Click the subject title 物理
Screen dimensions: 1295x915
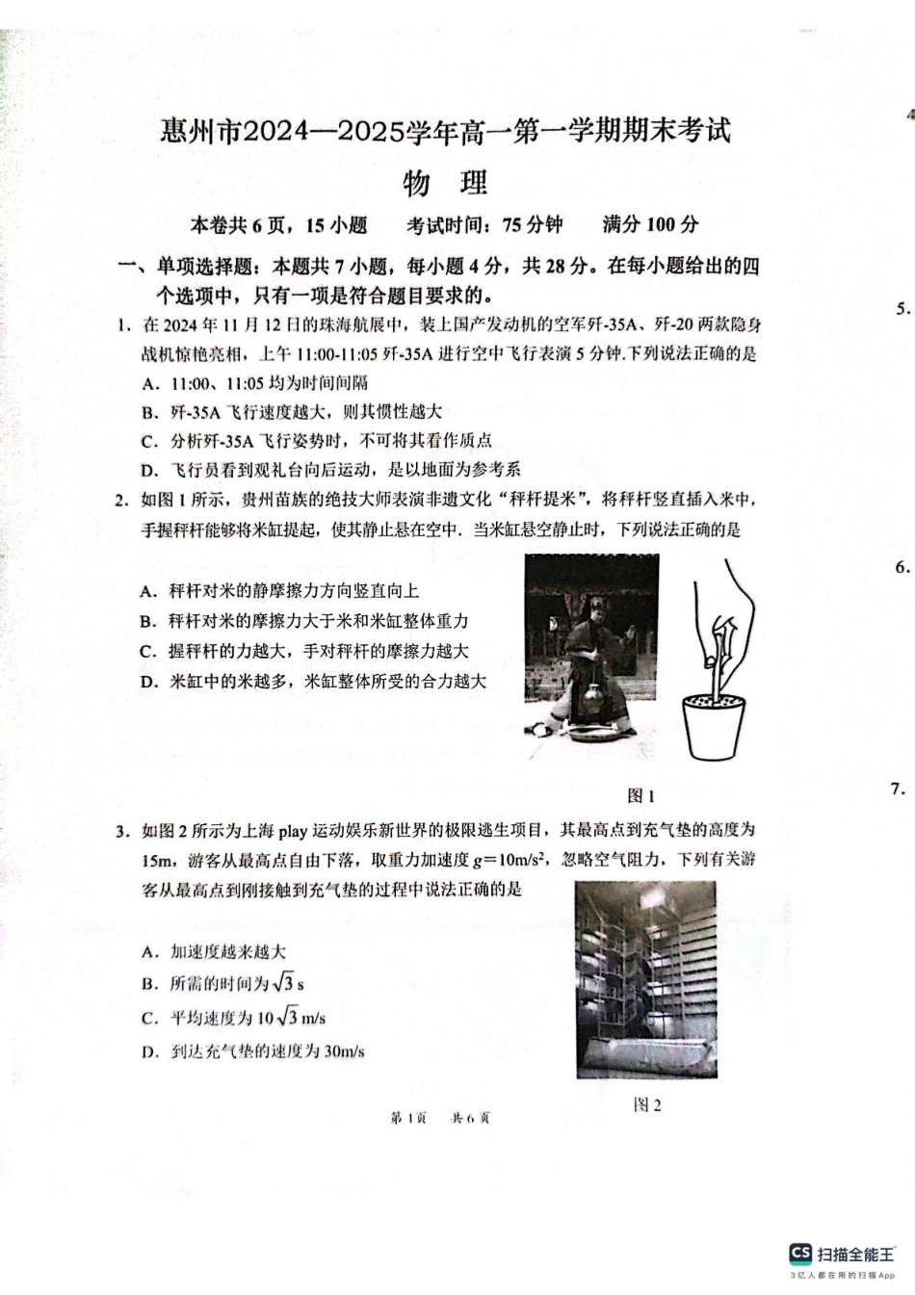point(445,182)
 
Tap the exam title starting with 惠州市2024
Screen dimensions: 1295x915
point(445,130)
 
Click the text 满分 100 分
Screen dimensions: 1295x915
point(650,225)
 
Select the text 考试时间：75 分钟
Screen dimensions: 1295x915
point(484,225)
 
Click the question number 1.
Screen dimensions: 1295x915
point(123,324)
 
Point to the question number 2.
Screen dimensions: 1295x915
point(122,499)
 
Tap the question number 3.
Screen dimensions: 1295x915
point(122,830)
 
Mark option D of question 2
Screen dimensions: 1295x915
point(312,682)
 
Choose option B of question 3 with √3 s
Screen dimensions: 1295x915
point(222,983)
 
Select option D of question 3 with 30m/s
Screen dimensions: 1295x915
point(252,1051)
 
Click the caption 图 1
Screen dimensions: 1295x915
point(640,795)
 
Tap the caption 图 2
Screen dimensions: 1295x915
point(647,1104)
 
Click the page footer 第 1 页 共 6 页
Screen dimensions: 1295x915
point(439,1118)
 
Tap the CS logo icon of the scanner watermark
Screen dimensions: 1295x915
point(799,1253)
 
